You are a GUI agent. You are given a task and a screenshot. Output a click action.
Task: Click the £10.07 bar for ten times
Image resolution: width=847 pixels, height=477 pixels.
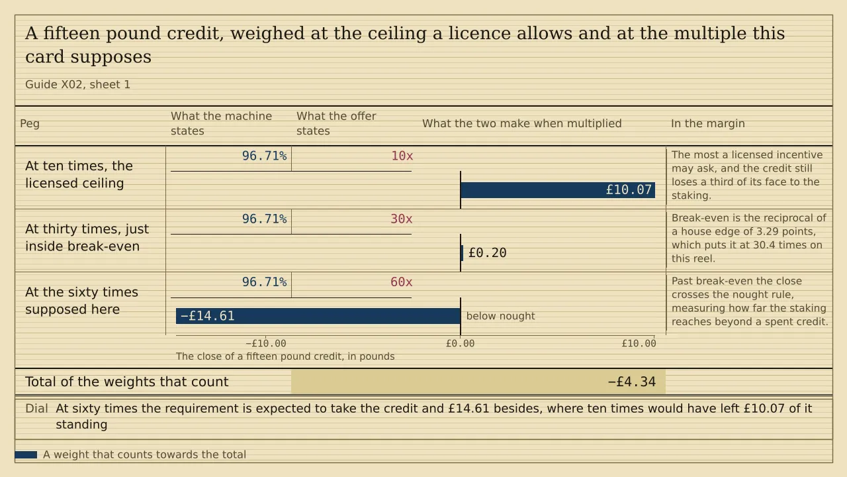point(558,189)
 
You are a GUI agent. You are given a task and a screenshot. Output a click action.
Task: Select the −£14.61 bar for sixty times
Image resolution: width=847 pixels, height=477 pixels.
point(318,316)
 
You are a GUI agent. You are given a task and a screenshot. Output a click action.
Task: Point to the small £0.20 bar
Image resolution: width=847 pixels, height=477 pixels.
point(462,253)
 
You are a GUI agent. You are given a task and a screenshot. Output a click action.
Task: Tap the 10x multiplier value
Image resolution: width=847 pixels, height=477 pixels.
point(402,156)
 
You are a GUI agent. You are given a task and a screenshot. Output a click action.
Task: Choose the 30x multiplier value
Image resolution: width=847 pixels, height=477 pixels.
point(401,219)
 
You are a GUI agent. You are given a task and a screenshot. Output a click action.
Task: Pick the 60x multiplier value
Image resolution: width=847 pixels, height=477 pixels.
point(401,282)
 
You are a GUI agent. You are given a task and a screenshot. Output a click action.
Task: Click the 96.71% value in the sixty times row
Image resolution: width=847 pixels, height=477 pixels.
point(264,282)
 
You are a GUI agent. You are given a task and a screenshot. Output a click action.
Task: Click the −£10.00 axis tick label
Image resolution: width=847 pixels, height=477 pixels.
point(266,343)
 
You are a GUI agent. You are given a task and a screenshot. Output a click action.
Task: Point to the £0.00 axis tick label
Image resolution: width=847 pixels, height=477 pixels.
point(460,343)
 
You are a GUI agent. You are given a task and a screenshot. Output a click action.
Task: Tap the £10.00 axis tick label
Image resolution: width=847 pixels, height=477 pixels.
point(639,343)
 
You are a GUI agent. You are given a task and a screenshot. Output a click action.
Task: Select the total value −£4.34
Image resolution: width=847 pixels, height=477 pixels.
point(631,382)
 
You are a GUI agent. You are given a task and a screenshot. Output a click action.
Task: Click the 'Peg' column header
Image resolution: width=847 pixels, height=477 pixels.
point(30,123)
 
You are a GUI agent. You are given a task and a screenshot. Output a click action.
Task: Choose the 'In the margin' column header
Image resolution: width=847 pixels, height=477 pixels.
point(708,123)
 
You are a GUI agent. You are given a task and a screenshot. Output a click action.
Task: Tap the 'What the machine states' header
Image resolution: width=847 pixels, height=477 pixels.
point(221,123)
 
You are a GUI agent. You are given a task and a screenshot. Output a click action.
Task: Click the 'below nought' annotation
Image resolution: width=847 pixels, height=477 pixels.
point(501,316)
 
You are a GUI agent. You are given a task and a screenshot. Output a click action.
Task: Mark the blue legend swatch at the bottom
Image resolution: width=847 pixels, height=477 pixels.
point(26,454)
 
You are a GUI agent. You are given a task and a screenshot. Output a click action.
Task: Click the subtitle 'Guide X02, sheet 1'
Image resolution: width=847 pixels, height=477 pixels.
point(77,84)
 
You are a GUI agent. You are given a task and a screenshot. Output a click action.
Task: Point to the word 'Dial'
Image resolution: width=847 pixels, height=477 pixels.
point(36,409)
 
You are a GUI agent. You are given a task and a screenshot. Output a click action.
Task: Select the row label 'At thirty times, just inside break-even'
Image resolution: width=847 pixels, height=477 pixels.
point(87,238)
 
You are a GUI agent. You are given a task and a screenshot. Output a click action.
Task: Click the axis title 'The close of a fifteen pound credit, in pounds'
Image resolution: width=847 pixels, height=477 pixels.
point(285,356)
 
